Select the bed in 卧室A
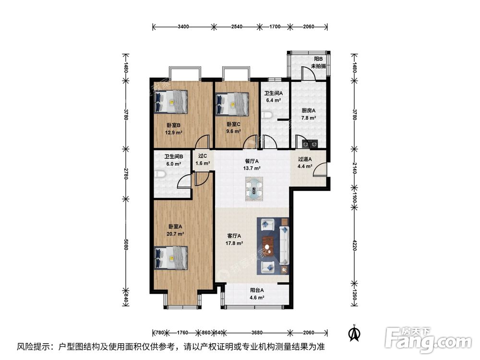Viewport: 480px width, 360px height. coord(171,258)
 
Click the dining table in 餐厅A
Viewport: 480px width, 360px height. coord(254,188)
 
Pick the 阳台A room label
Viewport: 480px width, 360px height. coord(257,290)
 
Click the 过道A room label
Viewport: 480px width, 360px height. coord(305,159)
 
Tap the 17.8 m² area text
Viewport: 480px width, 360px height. coord(234,243)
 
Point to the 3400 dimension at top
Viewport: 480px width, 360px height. coord(183,26)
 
